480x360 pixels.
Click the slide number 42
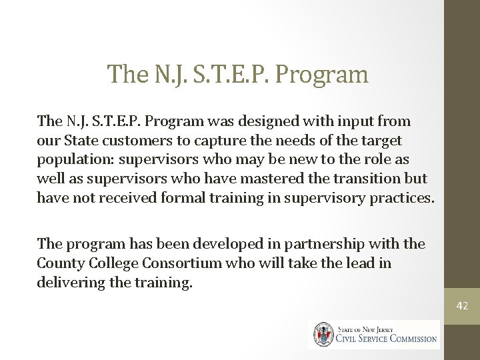pos(462,306)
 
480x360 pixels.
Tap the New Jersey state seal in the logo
pos(324,334)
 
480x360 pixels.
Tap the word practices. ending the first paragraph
pos(402,198)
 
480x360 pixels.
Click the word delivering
pos(69,282)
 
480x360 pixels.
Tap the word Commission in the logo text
pos(406,338)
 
